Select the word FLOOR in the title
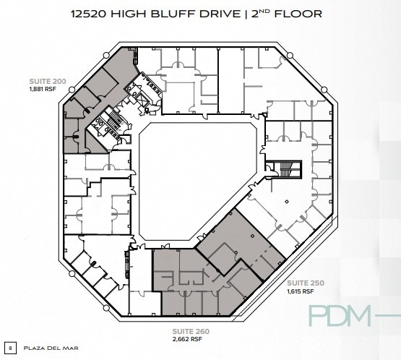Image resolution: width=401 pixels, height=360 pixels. click(x=298, y=14)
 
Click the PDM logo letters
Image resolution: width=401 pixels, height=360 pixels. click(x=339, y=317)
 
